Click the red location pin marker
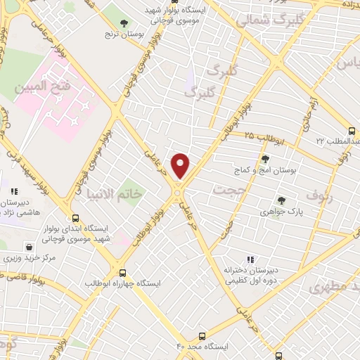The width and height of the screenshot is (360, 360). [x=181, y=166]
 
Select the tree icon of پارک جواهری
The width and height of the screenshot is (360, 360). [x=281, y=200]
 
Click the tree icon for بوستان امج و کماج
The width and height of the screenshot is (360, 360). [x=265, y=159]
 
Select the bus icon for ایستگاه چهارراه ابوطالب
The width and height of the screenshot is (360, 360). [x=123, y=272]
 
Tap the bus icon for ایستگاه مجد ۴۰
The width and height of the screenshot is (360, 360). [x=202, y=336]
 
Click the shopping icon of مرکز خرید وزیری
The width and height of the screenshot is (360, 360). [x=29, y=247]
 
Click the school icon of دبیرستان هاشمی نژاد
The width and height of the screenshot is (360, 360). [x=13, y=191]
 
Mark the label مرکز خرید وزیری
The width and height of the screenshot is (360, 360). [x=29, y=258]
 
